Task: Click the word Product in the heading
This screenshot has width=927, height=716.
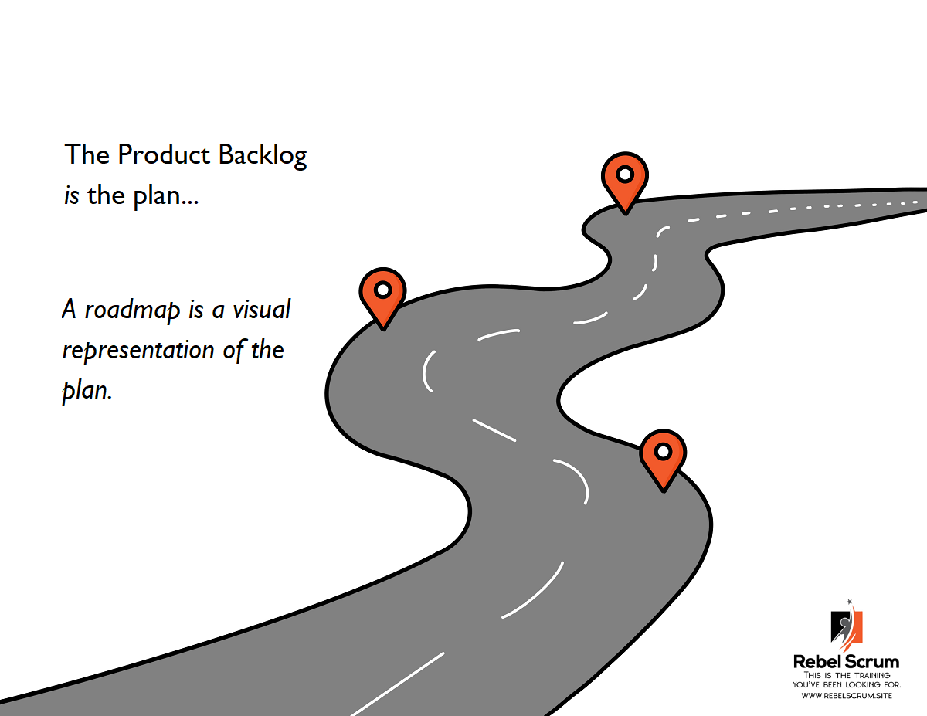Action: point(164,154)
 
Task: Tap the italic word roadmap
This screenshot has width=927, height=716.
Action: point(132,310)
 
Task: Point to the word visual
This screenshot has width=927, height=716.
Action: point(262,309)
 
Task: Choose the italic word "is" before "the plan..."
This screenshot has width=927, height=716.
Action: point(71,196)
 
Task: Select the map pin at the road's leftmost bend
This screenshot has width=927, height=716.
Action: point(382,298)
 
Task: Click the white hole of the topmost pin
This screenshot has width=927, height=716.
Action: point(626,175)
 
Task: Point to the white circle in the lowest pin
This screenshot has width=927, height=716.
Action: point(664,452)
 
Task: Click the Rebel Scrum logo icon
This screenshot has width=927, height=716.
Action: point(847,626)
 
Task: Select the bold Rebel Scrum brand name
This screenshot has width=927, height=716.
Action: point(847,662)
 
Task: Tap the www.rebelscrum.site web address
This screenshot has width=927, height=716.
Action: point(847,695)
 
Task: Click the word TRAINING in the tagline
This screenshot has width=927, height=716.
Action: point(872,675)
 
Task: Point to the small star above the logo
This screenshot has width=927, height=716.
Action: point(849,602)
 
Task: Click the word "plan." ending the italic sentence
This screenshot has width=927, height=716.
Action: point(87,391)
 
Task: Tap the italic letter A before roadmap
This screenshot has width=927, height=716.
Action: point(69,309)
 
